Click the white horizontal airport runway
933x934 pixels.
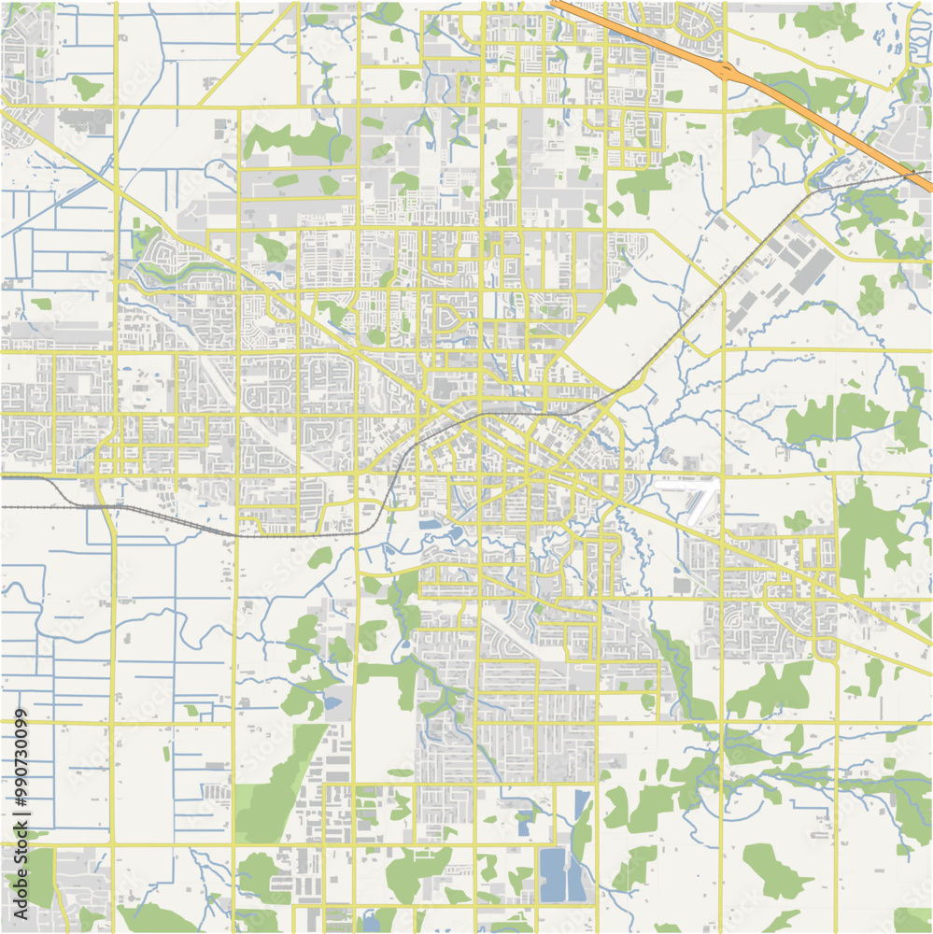[x=686, y=484]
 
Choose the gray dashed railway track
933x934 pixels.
[x=187, y=523]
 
